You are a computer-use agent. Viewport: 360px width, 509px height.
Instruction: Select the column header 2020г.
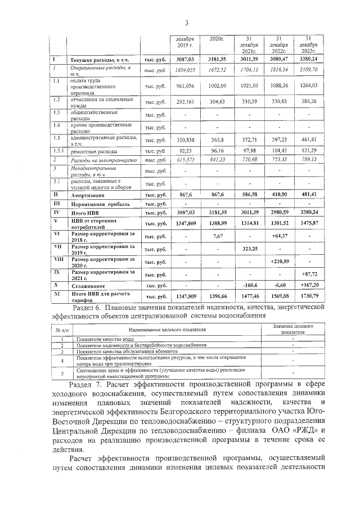pos(217,38)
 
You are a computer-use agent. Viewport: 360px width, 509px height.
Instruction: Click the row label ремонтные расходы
pos(93,152)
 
